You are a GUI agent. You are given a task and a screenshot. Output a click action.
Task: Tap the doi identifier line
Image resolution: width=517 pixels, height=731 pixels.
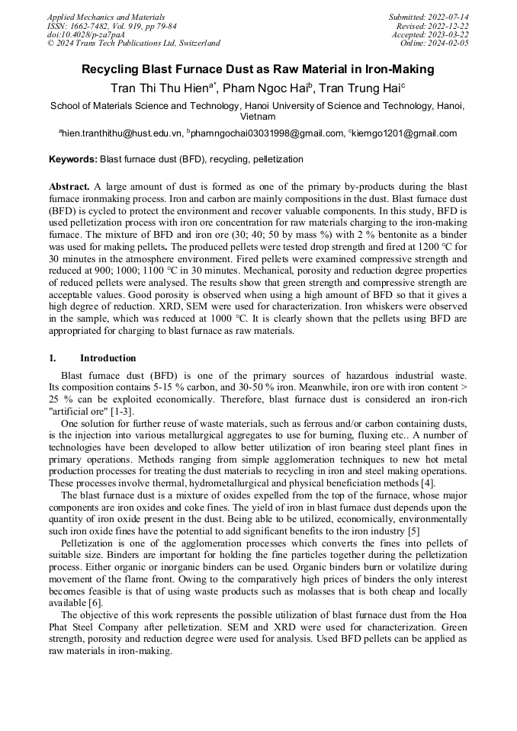pos(85,34)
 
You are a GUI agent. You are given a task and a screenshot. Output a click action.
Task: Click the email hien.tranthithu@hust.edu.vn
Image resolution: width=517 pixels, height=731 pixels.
pos(123,133)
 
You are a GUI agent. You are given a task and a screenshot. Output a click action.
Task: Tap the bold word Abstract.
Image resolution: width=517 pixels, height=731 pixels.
pos(69,187)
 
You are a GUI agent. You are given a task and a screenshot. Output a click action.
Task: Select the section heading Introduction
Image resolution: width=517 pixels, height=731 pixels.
pos(108,358)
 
